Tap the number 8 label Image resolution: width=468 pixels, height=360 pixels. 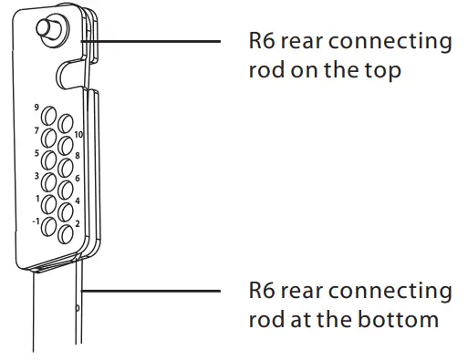click(78, 156)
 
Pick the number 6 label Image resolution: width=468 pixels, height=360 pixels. click(78, 179)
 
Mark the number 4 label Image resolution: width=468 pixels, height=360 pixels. click(78, 201)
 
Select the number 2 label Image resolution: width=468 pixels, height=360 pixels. click(78, 223)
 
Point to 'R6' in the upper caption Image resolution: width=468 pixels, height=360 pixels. click(263, 42)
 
